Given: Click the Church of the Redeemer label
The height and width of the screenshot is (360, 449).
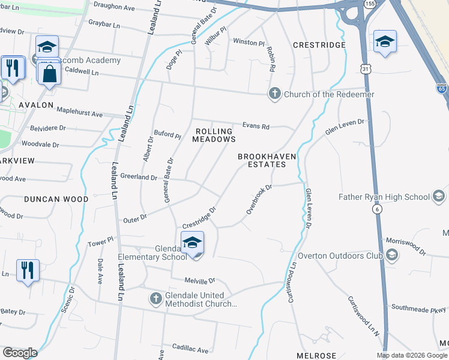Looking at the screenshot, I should pos(329,94).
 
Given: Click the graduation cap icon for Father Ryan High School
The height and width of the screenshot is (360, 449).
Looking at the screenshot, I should pos(439,196).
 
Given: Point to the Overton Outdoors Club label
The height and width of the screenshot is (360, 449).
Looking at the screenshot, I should pos(340,256).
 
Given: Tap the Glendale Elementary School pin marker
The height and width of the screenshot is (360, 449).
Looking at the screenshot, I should pos(192,244).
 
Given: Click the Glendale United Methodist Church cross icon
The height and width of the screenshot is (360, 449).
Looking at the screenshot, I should pos(155,299).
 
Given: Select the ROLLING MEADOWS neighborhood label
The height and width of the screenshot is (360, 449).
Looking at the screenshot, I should pos(214,135).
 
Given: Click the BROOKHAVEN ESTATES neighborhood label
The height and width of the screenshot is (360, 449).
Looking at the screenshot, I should pos(267,161).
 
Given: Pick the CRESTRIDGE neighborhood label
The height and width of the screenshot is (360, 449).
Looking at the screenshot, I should pos(319,45).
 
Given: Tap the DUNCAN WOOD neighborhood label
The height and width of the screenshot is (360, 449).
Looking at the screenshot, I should pos(56,198).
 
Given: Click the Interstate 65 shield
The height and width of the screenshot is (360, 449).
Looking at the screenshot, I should pos(442,88).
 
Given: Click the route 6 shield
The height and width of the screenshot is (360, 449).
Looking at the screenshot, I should pos(377,209).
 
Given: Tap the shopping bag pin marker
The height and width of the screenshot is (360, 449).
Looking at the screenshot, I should pos(49,74).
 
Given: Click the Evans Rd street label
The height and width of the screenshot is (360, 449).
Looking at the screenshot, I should pos(256,126).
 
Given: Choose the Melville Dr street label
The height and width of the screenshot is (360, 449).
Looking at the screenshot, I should pos(200,281).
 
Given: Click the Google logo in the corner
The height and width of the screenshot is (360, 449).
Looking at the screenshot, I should pos(20,353).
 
